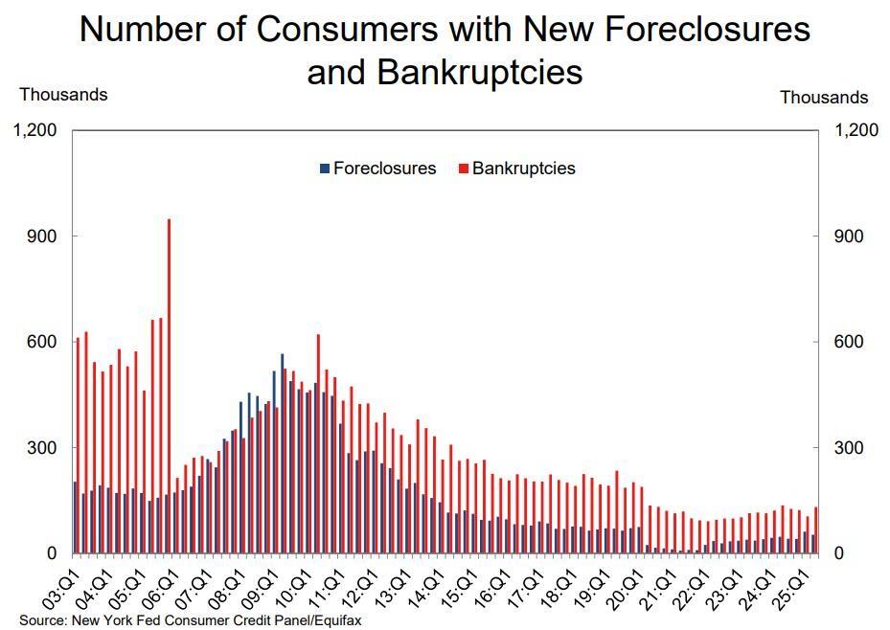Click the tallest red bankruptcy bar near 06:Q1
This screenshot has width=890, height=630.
(169, 383)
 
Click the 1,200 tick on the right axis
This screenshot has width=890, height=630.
(856, 130)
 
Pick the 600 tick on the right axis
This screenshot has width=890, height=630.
(850, 342)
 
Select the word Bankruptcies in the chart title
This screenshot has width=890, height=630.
(480, 72)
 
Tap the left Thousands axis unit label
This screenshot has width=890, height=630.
(63, 95)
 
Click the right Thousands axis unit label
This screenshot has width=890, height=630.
(824, 98)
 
